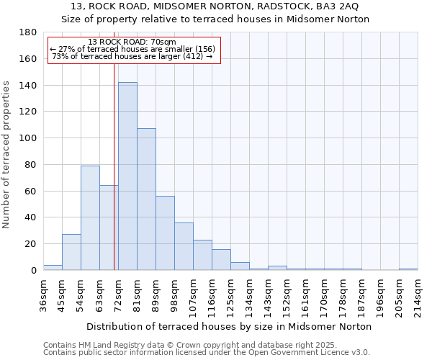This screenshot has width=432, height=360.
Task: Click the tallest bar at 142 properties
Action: tap(127, 176)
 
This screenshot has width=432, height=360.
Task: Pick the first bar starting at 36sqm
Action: tap(53, 267)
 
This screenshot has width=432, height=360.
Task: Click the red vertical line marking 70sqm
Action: tap(114, 166)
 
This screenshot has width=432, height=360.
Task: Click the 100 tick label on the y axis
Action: tap(29, 138)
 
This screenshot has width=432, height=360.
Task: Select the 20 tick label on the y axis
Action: tap(32, 244)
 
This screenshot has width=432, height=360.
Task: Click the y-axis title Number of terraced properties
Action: tap(6, 154)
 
